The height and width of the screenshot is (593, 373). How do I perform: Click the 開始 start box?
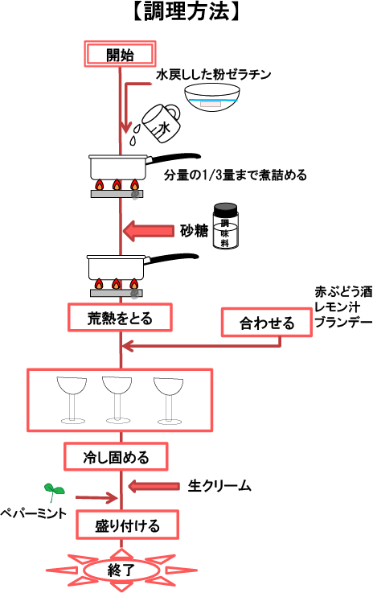tap(120, 54)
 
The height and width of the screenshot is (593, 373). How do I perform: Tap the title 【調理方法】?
tap(186, 12)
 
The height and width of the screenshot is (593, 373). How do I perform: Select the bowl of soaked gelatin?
tap(212, 97)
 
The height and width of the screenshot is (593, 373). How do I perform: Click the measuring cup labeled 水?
tap(161, 123)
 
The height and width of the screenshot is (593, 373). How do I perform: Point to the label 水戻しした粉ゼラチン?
tap(214, 74)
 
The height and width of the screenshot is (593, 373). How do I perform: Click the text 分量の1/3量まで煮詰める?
tap(235, 175)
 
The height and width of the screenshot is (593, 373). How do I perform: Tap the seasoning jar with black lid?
tap(225, 226)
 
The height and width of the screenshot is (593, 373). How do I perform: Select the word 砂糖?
tap(194, 230)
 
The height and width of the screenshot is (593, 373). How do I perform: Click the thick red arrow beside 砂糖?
tap(149, 230)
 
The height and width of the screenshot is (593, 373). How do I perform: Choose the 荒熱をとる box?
tap(120, 318)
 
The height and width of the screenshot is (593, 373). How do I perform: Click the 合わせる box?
tap(266, 323)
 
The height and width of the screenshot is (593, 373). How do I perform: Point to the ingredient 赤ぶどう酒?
tap(343, 291)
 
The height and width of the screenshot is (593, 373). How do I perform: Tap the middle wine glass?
tap(117, 399)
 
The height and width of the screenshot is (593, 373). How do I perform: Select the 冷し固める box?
tap(116, 457)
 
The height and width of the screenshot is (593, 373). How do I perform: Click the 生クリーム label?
tap(219, 486)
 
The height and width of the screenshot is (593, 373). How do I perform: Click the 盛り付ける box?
tap(127, 525)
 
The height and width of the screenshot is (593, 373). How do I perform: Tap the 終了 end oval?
tap(121, 569)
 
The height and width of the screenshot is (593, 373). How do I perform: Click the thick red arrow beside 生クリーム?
tap(154, 486)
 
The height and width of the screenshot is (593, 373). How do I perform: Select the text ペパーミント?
tap(33, 513)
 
